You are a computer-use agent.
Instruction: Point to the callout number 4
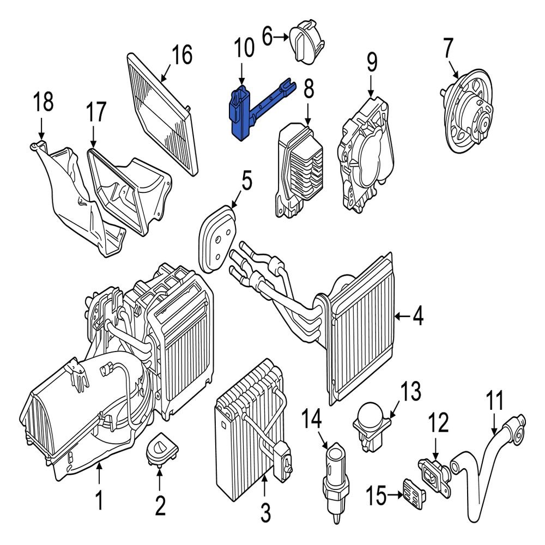tap(417, 316)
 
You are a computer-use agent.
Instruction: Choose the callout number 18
tap(44, 102)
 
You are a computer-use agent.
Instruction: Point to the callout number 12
tap(439, 422)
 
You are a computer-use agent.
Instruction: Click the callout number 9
tap(371, 63)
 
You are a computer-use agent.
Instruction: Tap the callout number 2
tap(160, 505)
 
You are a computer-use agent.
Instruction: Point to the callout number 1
tap(99, 500)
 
